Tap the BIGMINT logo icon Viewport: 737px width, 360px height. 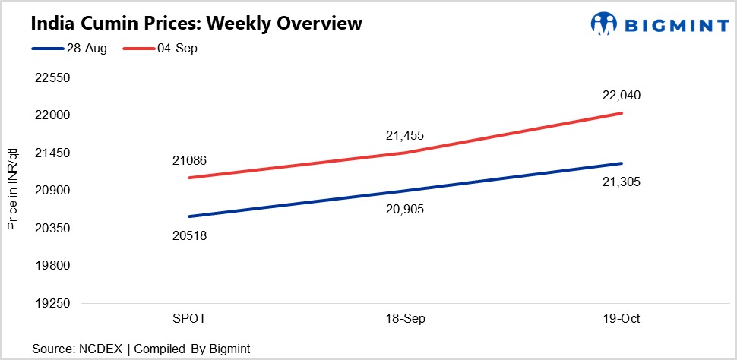pos(604,24)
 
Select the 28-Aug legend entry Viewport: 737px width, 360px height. pos(69,49)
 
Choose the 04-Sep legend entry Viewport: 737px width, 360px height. pos(160,49)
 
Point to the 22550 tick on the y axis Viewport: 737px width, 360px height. pos(52,78)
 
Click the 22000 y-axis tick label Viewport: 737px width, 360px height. pos(52,115)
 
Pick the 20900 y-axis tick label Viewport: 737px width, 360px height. pos(52,191)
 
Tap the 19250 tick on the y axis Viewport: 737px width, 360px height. pos(52,303)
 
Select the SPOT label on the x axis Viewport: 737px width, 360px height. pos(188,319)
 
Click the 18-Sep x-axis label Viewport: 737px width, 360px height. pos(405,319)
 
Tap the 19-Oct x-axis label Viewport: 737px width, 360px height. pos(622,319)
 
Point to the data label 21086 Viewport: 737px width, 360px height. pos(189,161)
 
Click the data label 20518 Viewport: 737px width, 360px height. pos(189,235)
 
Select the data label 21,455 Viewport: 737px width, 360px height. pos(405,136)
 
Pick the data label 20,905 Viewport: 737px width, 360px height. pos(405,209)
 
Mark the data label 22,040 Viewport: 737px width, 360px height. pos(622,96)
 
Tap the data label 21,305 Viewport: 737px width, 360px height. pos(622,182)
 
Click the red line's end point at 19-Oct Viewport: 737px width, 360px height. pos(622,113)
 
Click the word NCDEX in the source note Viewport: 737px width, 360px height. pos(103,349)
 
